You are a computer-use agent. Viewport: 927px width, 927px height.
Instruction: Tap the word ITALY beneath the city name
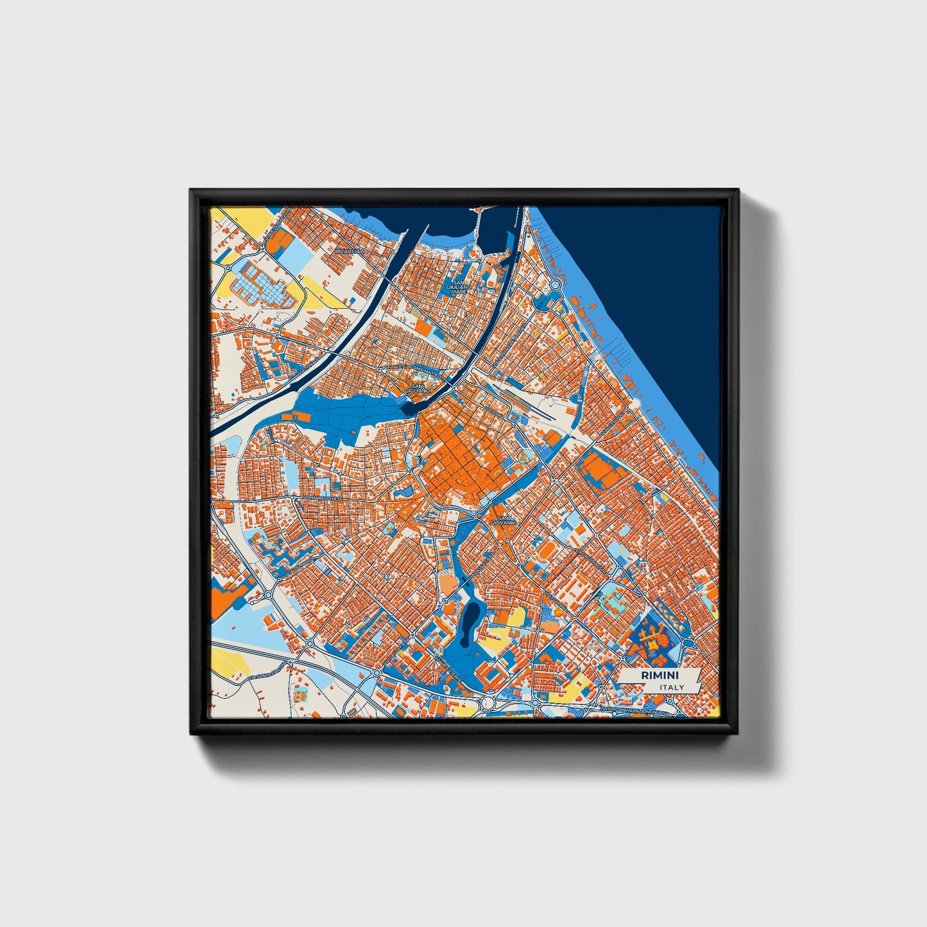(671, 688)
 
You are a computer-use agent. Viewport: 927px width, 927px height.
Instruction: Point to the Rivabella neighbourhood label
(349, 251)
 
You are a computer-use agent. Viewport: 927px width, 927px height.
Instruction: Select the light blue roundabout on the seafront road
(555, 284)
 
